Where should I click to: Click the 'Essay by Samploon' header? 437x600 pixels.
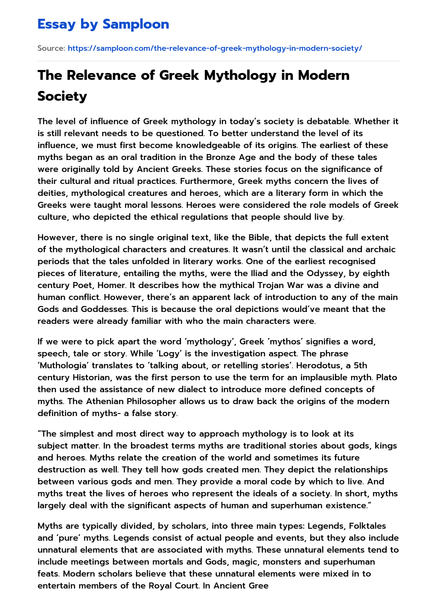click(x=103, y=24)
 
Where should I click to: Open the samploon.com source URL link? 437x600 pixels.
click(x=215, y=48)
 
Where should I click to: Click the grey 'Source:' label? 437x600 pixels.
click(x=51, y=48)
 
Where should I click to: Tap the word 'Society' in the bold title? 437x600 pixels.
click(x=62, y=96)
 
